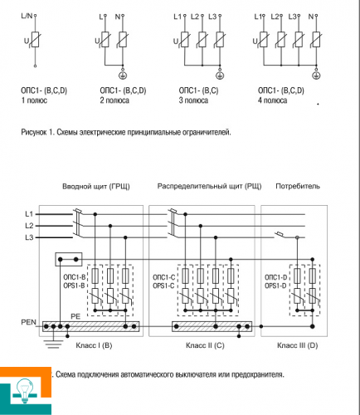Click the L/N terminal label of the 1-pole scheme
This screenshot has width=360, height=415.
[27, 16]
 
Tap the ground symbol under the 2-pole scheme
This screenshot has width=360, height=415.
[123, 75]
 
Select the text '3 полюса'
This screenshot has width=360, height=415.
[193, 100]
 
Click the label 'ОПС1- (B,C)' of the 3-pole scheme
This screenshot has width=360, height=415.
[198, 90]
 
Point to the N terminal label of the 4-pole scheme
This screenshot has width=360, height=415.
[311, 17]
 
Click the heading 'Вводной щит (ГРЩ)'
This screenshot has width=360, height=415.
[96, 187]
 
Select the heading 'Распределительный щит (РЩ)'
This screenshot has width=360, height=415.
[209, 186]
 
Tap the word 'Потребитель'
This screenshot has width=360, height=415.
[298, 186]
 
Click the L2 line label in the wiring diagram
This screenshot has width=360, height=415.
[29, 226]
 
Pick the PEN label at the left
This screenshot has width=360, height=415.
[28, 322]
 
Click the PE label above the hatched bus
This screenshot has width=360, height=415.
[75, 316]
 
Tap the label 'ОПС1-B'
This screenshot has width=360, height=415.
[75, 277]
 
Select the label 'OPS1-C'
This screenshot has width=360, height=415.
[163, 286]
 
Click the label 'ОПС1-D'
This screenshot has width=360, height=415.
[275, 277]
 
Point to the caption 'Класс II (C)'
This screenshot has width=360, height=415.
[205, 345]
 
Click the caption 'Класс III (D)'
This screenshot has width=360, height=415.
[298, 345]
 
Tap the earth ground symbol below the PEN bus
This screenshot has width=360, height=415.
[53, 344]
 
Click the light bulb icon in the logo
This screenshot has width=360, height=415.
[25, 390]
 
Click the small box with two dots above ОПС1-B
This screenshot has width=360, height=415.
[69, 259]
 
